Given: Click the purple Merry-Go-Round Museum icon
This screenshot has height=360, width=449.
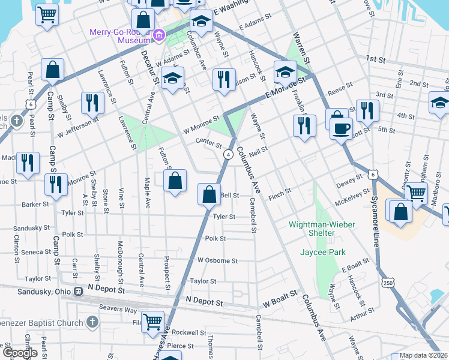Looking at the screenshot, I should click(x=158, y=35).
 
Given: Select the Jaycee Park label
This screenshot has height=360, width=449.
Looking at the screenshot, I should click(x=324, y=253).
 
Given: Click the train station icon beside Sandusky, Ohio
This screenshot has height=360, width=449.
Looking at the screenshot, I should click(x=78, y=291).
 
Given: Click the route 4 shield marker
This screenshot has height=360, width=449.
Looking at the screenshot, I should click(x=229, y=155).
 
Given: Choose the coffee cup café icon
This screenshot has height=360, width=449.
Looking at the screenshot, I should click(x=342, y=128).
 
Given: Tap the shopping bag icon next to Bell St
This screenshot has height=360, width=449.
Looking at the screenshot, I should click(x=208, y=194).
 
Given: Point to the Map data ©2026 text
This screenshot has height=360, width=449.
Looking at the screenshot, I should click(x=423, y=355).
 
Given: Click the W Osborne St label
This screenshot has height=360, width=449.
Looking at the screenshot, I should click(x=217, y=261).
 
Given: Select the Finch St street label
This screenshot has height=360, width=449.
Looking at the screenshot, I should click(x=279, y=192).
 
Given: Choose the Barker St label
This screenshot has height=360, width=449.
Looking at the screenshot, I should click(x=35, y=204).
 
